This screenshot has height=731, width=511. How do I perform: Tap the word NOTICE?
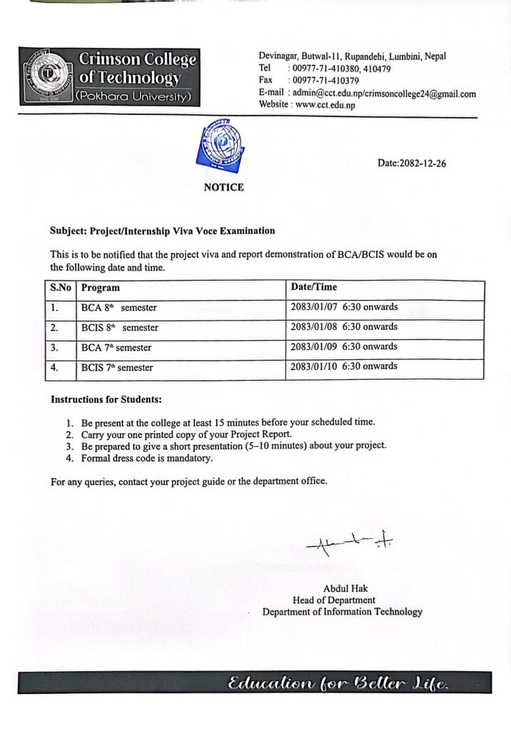pos(223,188)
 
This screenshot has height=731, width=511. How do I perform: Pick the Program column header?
pos(101,288)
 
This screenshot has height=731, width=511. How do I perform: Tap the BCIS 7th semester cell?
pos(117,368)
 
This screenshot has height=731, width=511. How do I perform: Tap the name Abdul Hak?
pos(345,589)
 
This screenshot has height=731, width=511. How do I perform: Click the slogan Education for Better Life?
pos(338,685)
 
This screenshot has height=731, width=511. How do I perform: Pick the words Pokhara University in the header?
pos(133,95)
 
